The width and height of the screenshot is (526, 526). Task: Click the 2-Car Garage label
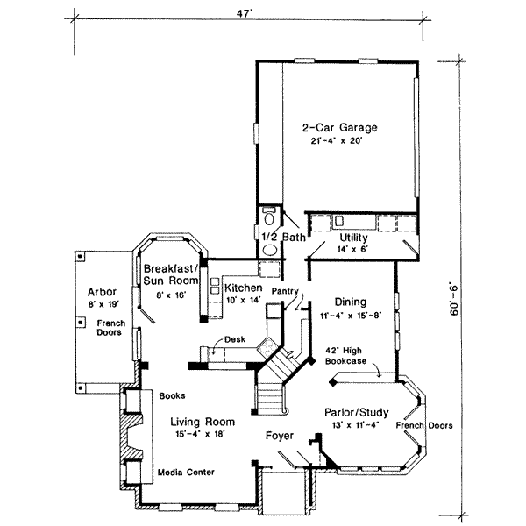pos(340,128)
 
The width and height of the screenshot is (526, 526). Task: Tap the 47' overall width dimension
pos(244,13)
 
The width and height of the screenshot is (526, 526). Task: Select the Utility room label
pos(353,238)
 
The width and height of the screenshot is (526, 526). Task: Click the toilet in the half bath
pos(269,217)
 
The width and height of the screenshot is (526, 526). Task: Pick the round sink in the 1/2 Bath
pos(270,250)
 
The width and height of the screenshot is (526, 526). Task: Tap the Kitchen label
pos(243,288)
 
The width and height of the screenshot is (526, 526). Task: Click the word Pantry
pos(285,291)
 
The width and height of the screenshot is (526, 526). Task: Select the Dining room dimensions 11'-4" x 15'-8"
pos(351,316)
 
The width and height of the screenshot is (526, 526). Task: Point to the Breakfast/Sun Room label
pos(171,274)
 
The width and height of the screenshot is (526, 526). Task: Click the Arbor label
pos(102,292)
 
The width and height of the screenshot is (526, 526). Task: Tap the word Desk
pos(235,339)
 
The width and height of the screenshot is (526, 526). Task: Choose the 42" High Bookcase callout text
pos(345,356)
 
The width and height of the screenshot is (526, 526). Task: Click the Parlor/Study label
pos(357,412)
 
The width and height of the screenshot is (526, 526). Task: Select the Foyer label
pos(280,436)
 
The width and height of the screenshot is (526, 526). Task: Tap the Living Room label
pos(203,422)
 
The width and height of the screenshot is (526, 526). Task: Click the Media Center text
pos(186,473)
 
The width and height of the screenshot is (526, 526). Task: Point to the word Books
pos(172,396)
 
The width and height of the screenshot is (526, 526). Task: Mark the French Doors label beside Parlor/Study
pos(424,425)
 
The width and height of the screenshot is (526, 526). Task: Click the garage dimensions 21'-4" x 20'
pos(337,141)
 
